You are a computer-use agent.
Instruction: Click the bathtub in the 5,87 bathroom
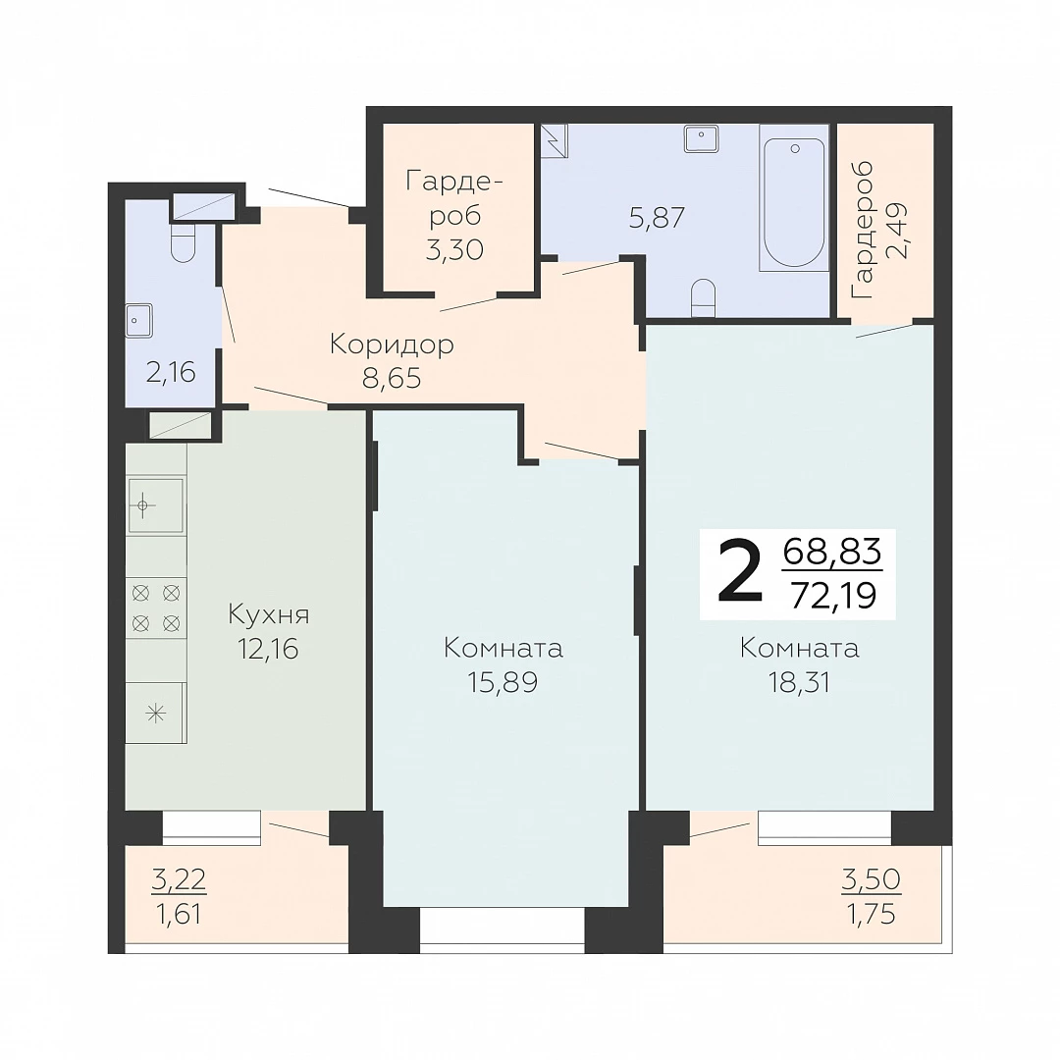794,198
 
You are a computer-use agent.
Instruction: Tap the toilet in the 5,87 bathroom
704,297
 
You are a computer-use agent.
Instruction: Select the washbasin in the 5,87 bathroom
701,138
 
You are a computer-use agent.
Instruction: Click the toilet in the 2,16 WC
184,242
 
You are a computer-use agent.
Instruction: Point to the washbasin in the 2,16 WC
138,320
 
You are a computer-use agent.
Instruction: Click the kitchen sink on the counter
156,505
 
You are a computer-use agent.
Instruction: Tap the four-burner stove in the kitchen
156,608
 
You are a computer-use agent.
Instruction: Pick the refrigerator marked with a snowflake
156,713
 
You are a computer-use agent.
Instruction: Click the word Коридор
392,345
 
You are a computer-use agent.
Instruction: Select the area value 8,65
392,379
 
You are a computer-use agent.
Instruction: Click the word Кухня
268,615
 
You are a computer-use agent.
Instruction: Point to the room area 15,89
503,683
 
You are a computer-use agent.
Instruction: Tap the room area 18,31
799,683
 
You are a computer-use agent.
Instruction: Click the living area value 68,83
832,551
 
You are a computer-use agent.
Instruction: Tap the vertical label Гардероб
864,230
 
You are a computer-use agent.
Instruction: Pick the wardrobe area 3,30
455,250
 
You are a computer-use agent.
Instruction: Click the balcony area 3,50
871,879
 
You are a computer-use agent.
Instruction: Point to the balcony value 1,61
179,914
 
